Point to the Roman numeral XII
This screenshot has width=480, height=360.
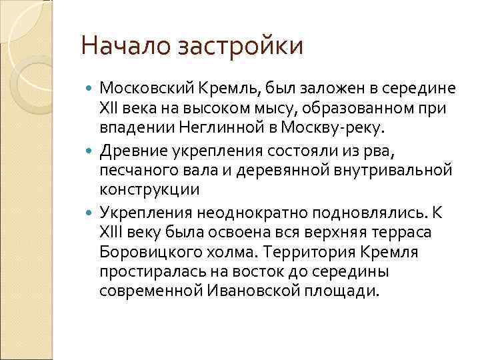(109, 107)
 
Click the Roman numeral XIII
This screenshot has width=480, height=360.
(111, 233)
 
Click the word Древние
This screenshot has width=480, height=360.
(131, 149)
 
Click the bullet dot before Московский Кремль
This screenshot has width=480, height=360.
(91, 87)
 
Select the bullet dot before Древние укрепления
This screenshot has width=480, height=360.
(91, 150)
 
